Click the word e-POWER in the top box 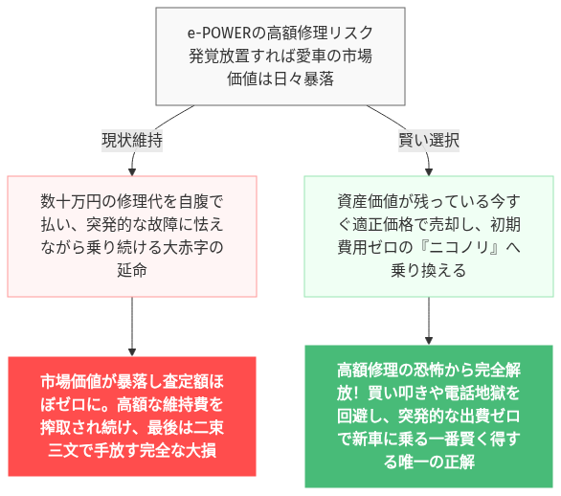[216, 34]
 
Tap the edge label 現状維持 [132, 140]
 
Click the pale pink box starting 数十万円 [132, 237]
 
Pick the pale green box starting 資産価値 [428, 237]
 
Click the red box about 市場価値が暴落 [132, 415]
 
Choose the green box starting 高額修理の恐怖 [428, 415]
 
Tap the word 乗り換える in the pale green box [428, 271]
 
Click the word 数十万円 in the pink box [70, 202]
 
